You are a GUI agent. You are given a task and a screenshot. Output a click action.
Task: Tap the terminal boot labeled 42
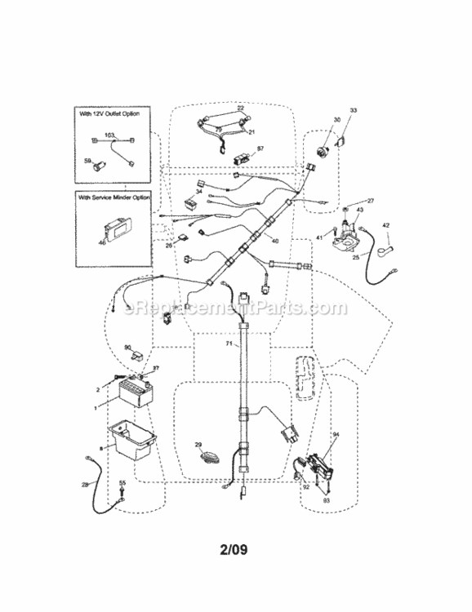pyautogui.click(x=390, y=242)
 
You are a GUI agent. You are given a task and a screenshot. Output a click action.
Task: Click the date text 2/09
pyautogui.click(x=235, y=548)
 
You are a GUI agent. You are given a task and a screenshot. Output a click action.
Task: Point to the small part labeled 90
pyautogui.click(x=138, y=356)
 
